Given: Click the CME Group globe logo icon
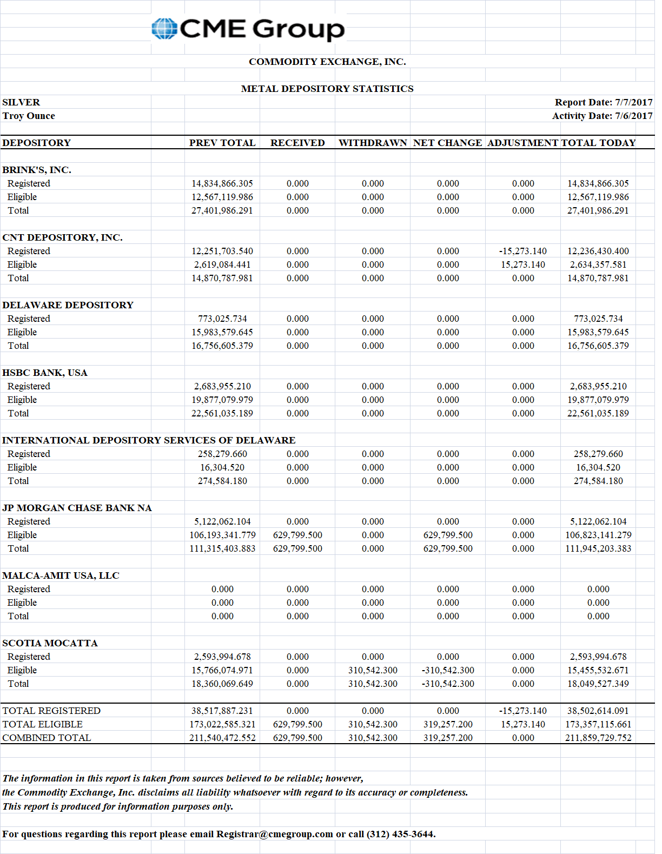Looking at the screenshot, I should pyautogui.click(x=164, y=29).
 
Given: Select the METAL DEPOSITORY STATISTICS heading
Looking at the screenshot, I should pyautogui.click(x=327, y=89).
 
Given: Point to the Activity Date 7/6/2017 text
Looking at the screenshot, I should pyautogui.click(x=602, y=116).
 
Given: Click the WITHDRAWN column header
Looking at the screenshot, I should pyautogui.click(x=373, y=143).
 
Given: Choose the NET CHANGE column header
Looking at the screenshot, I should pyautogui.click(x=447, y=143).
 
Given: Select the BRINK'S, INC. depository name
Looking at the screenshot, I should pyautogui.click(x=37, y=170).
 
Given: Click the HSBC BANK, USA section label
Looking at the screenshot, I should pyautogui.click(x=45, y=373).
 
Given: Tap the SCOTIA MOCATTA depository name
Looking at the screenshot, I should pyautogui.click(x=50, y=643).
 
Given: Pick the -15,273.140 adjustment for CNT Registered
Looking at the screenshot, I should pyautogui.click(x=522, y=251).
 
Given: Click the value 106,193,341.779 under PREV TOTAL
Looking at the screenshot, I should pyautogui.click(x=222, y=535).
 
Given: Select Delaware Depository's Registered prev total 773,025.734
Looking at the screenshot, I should pyautogui.click(x=222, y=319).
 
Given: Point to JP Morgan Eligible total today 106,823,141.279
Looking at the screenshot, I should pyautogui.click(x=598, y=535).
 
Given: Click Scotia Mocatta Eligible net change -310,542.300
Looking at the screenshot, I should pyautogui.click(x=448, y=670).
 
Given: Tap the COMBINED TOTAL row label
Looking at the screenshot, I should pyautogui.click(x=47, y=738).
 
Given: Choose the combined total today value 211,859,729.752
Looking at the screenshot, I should pyautogui.click(x=598, y=738).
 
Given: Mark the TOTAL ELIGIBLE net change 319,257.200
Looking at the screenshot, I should pyautogui.click(x=448, y=724).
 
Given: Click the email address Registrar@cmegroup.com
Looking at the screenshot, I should pyautogui.click(x=274, y=834).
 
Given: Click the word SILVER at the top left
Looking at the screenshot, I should pyautogui.click(x=21, y=102).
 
